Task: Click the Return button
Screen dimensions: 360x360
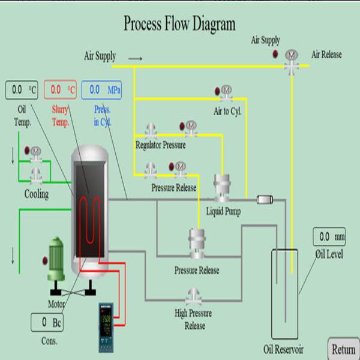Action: point(344,349)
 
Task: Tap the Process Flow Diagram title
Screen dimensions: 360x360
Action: point(179,24)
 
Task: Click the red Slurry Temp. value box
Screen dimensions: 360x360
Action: point(62,90)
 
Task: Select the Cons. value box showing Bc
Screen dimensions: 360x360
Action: point(47,322)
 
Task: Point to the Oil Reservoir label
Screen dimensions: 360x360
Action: point(283,350)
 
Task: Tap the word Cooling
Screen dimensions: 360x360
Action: point(36,194)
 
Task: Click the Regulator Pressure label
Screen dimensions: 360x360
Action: point(160,145)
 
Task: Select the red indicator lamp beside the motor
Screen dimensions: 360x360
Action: point(43,260)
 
